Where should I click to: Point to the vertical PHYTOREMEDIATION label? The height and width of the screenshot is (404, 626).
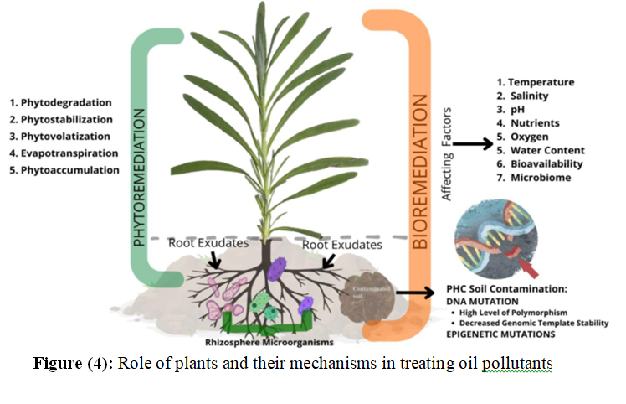(x=140, y=175)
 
